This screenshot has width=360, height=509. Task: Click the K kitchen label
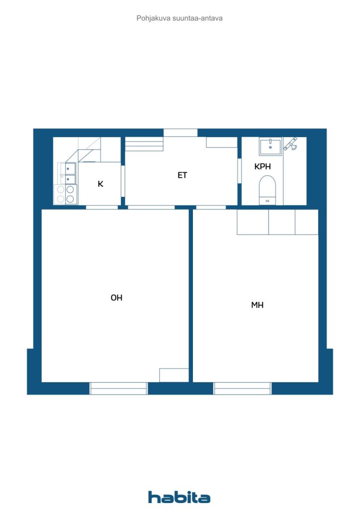tap(100, 184)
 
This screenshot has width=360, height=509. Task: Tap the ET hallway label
tap(182, 175)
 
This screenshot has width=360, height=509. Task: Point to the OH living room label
tap(116, 298)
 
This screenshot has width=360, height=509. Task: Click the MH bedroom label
tap(257, 305)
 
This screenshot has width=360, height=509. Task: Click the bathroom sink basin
tap(270, 146)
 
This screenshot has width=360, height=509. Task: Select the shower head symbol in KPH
tap(290, 144)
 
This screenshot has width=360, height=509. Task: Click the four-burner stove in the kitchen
tap(65, 194)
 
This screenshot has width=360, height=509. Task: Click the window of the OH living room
tap(119, 388)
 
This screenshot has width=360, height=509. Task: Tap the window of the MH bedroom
tap(243, 388)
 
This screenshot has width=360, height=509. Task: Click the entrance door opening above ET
tap(180, 133)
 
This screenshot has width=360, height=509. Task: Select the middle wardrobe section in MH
tap(282, 222)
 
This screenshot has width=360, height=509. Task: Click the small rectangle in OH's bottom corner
tap(174, 375)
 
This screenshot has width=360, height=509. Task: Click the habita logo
tap(179, 497)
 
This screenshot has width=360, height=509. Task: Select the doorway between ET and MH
tap(211, 207)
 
